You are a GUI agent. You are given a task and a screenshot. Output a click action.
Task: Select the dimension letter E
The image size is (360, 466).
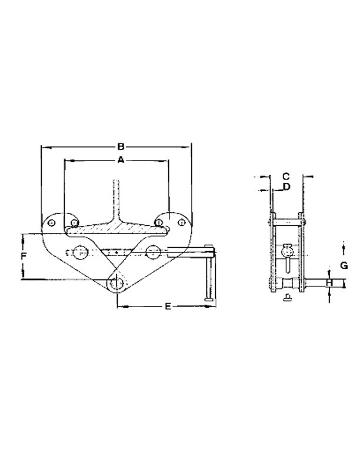pos(168,307)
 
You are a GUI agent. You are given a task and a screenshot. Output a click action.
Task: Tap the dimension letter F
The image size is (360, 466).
pos(23,257)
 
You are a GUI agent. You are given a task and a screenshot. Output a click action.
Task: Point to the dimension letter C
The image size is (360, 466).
pos(285,175)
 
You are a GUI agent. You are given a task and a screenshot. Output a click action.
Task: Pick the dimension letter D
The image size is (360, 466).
pos(285,187)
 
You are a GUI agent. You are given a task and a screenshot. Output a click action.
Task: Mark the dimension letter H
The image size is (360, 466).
pos(329,284)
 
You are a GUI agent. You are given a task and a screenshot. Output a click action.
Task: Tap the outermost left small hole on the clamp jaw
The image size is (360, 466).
pos(51,224)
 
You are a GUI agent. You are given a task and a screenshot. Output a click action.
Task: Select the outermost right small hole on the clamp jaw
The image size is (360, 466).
pos(182,224)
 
